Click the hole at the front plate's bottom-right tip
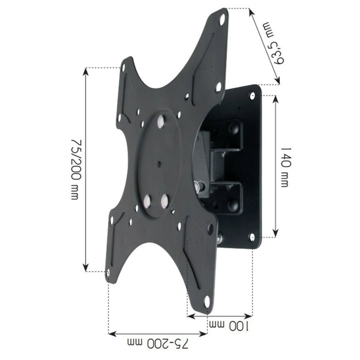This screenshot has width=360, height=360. click(206, 302)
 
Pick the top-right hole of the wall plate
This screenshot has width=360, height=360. click(253, 95)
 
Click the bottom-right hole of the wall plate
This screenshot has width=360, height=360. click(252, 237)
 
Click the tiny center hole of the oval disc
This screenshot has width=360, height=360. click(158, 165)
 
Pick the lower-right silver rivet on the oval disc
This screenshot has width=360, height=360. click(165, 199)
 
